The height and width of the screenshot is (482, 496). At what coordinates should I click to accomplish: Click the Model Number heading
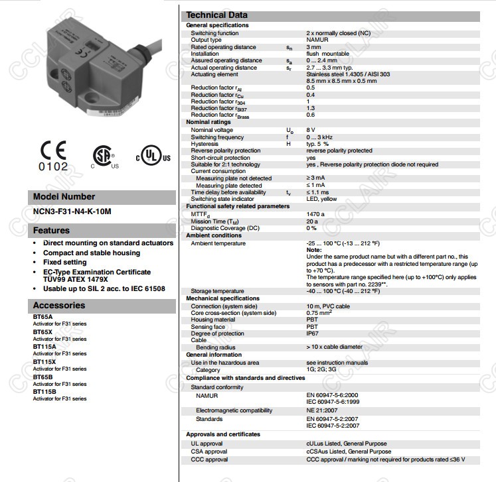pos(64,197)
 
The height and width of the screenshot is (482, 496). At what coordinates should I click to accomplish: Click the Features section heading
pos(52,231)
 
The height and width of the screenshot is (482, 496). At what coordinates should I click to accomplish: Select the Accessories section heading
pos(59,306)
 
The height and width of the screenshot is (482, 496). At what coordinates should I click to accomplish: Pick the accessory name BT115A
pos(44,347)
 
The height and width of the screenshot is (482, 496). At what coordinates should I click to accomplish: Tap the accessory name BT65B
pos(42,377)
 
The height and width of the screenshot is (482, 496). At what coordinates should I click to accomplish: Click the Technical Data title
pos(216,15)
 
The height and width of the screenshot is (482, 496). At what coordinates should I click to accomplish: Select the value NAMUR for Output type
pos(317,40)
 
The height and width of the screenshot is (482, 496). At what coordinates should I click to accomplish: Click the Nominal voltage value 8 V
pos(311,130)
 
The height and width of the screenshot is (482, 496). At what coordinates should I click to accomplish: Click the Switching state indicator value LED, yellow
pos(322,199)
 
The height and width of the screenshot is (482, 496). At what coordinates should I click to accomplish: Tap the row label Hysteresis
pos(205,144)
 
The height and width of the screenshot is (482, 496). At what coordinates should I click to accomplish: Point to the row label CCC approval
pos(209,459)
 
